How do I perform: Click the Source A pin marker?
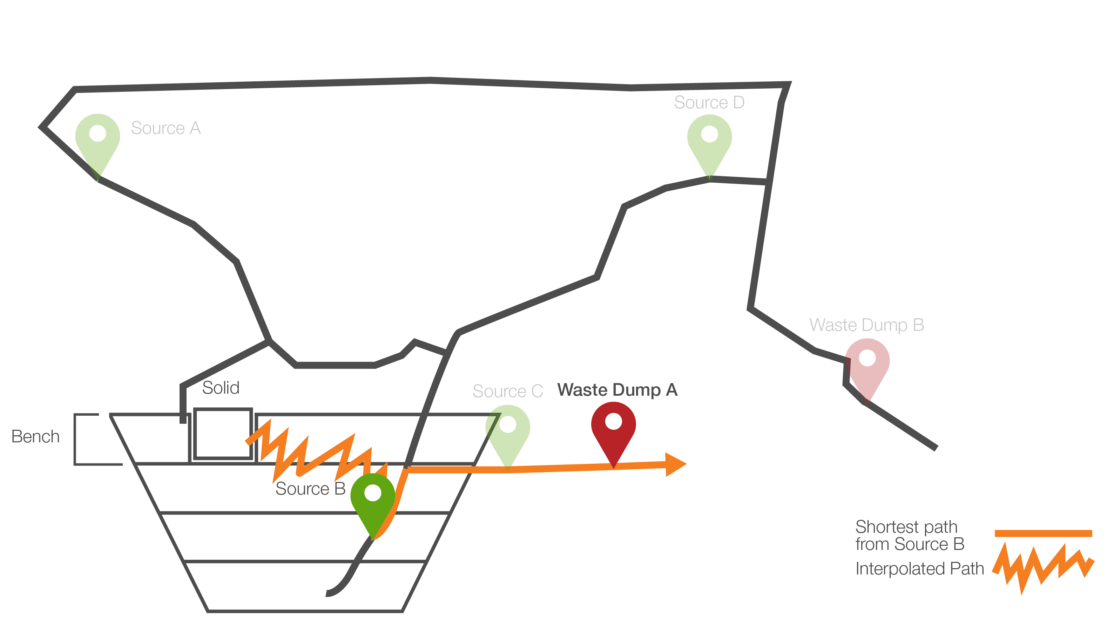coord(98,138)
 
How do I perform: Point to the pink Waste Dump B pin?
coord(867,363)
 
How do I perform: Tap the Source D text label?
coord(709,102)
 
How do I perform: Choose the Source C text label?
coord(507,391)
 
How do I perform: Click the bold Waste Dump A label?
coord(617,390)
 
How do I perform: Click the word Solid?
coord(221,388)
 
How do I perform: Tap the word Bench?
coord(35,437)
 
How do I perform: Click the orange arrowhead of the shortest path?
coord(675,465)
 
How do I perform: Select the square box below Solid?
coord(223,433)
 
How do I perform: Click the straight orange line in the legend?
coord(1043,533)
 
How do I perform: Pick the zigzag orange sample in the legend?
coord(1043,566)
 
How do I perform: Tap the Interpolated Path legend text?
coord(919,569)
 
